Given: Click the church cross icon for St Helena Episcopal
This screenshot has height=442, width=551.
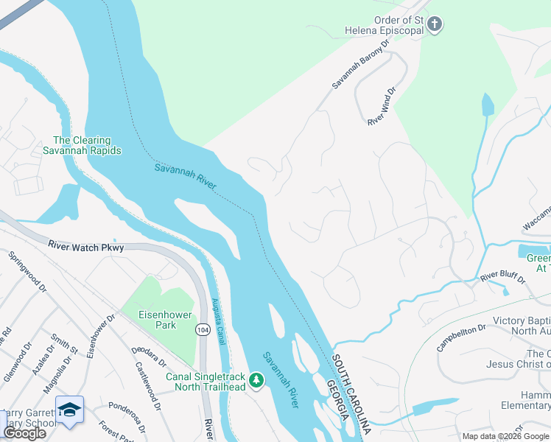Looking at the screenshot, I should pyautogui.click(x=435, y=24).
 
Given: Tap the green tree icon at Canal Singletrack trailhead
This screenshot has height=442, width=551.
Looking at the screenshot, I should pyautogui.click(x=256, y=380).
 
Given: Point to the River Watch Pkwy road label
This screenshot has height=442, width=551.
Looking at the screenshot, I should pyautogui.click(x=86, y=245).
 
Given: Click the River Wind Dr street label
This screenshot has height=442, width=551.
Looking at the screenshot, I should pyautogui.click(x=382, y=107).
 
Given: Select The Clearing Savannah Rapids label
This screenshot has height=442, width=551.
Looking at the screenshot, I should pyautogui.click(x=87, y=145).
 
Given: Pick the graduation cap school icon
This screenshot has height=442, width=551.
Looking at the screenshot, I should pyautogui.click(x=69, y=410).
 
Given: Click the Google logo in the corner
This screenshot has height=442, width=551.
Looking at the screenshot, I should pyautogui.click(x=24, y=433).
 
